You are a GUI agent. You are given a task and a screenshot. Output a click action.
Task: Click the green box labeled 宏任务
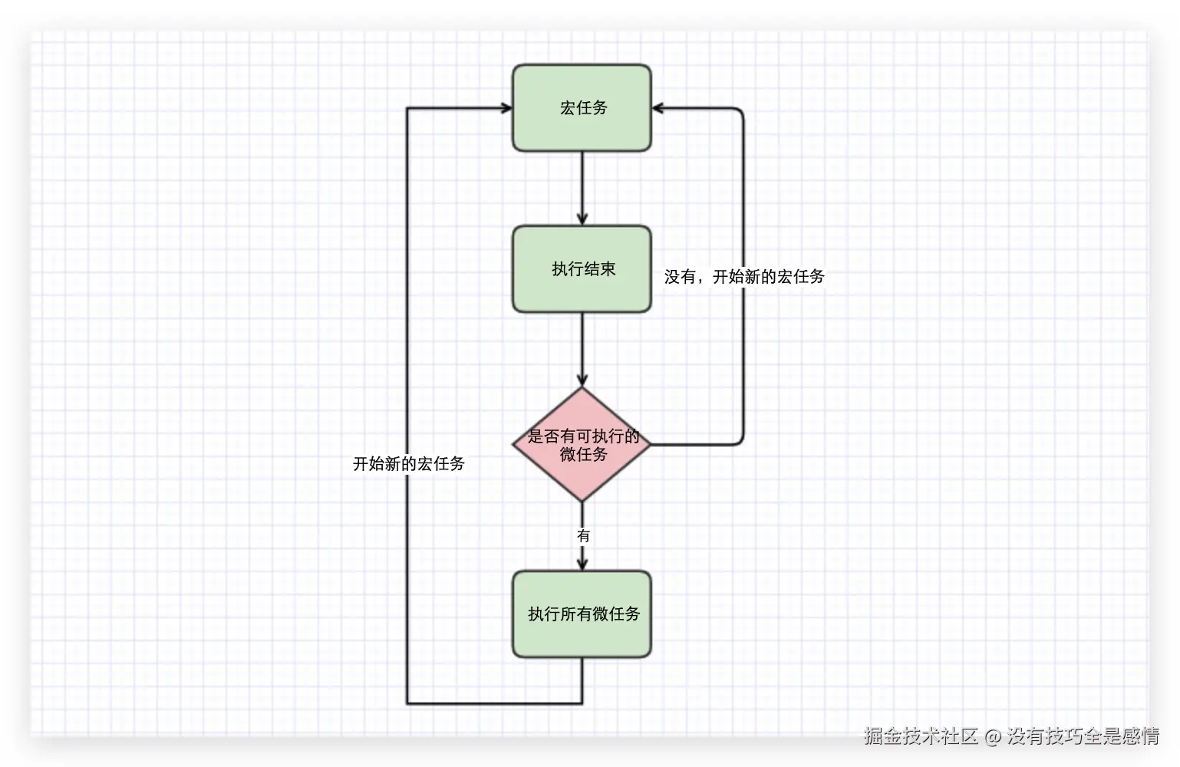(582, 108)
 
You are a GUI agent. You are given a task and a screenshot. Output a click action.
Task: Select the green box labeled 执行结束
(582, 269)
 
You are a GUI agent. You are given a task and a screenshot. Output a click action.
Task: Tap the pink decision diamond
(582, 445)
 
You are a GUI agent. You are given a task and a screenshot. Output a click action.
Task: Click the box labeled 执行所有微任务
(582, 614)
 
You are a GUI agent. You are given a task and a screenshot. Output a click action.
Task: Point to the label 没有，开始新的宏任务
(744, 277)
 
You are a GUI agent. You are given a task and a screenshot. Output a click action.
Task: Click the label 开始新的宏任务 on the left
(408, 464)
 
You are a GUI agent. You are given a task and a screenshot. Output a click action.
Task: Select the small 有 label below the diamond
(583, 535)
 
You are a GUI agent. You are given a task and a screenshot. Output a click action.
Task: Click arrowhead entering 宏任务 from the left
(507, 108)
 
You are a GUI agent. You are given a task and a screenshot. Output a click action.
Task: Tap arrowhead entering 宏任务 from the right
(658, 108)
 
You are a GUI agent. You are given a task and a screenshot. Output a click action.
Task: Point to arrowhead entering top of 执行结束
(582, 219)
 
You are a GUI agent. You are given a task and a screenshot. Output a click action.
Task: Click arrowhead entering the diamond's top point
(582, 380)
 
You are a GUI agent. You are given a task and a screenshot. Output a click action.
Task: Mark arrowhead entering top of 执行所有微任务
(582, 565)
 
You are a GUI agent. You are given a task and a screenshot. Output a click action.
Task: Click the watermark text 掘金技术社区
(921, 736)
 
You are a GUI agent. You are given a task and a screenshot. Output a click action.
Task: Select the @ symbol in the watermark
(993, 737)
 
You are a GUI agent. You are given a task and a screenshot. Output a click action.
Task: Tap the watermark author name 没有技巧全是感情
(1083, 736)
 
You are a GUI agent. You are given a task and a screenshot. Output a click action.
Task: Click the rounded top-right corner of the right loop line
(741, 110)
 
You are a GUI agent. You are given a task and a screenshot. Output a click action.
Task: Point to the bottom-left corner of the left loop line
(407, 703)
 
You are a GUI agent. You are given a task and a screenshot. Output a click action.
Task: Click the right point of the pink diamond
(650, 445)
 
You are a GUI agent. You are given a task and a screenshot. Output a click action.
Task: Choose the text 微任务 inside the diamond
(583, 455)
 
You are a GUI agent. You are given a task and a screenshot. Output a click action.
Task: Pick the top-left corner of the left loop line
(407, 108)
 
